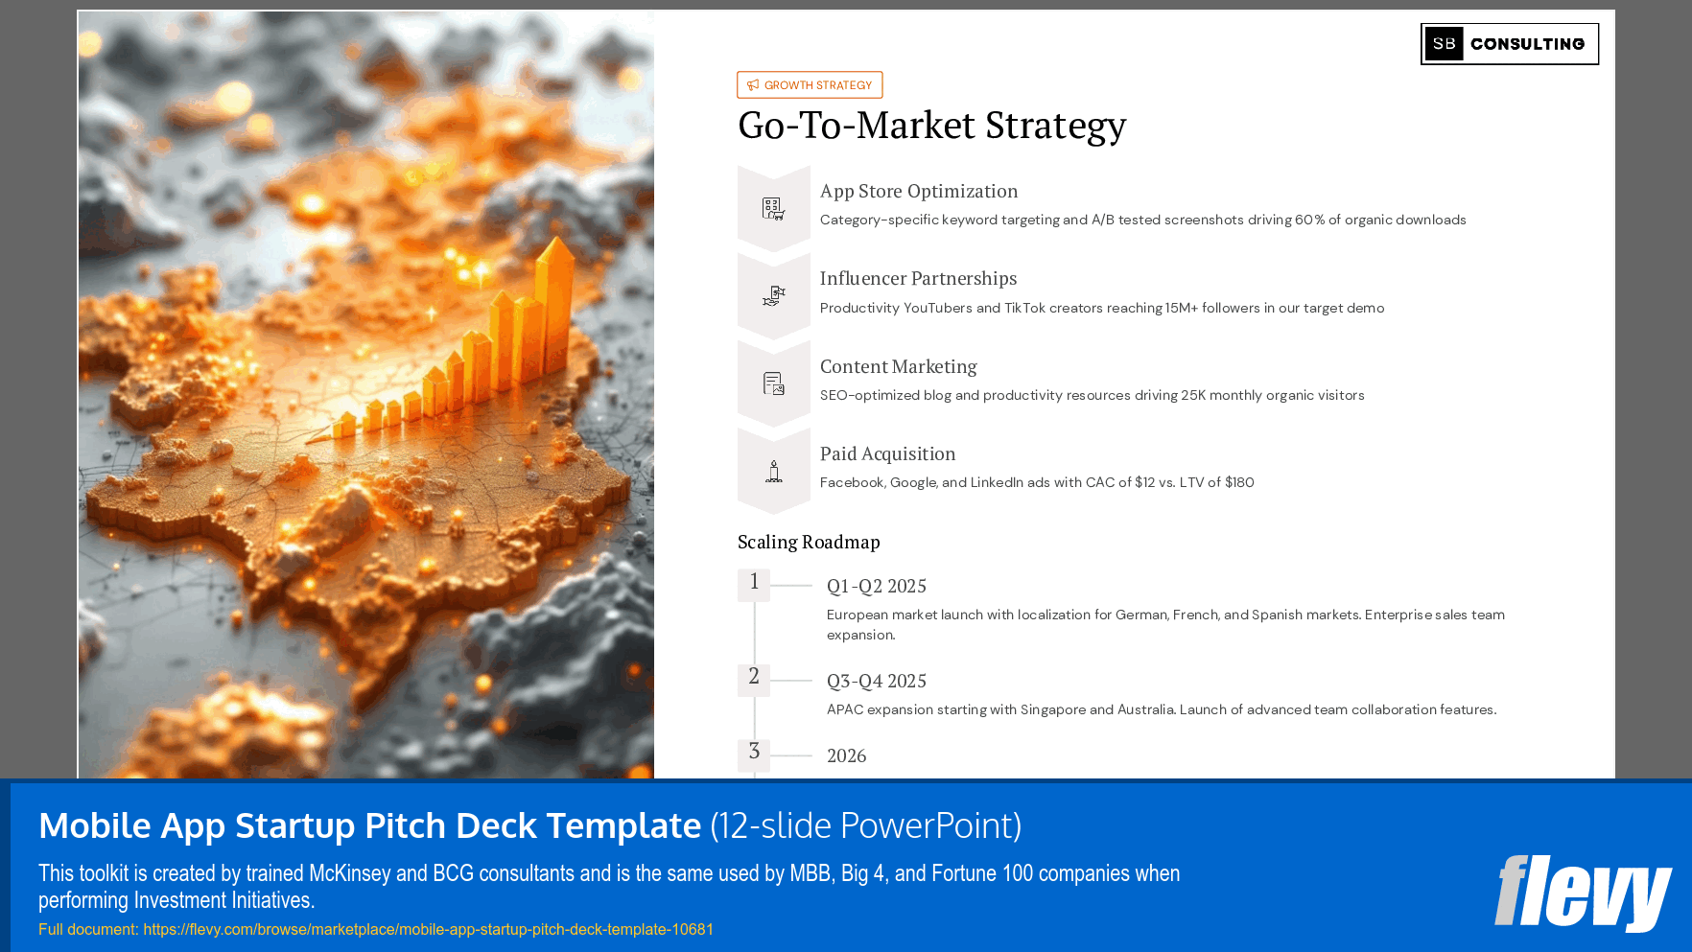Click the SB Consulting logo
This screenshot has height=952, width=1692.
(1509, 44)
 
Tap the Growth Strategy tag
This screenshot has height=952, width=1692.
(810, 85)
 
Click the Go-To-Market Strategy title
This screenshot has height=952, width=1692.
(931, 126)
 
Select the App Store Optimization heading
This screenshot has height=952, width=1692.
(918, 191)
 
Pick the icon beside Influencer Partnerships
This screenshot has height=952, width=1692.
(773, 296)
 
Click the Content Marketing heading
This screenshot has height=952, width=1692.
(898, 366)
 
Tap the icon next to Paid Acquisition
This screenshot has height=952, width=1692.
(773, 472)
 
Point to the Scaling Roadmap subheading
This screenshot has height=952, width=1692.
(809, 542)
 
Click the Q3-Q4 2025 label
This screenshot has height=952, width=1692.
(877, 681)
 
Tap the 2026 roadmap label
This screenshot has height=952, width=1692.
(846, 755)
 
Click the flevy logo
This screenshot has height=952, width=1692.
(1583, 893)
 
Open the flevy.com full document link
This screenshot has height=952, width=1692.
(428, 929)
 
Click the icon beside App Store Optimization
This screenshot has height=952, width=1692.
(773, 208)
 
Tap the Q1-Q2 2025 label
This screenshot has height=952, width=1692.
(877, 586)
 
